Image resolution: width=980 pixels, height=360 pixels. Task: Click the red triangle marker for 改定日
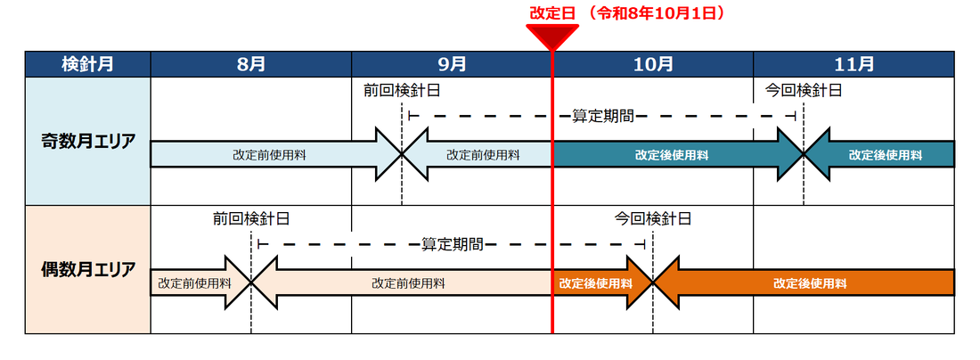click(552, 37)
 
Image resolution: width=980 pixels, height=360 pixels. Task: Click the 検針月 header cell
click(87, 64)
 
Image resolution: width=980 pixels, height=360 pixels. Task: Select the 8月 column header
click(251, 64)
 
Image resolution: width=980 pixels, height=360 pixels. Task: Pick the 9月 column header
click(452, 64)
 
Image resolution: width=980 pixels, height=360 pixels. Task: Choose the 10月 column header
click(653, 64)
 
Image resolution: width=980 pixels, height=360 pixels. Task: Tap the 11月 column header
click(853, 64)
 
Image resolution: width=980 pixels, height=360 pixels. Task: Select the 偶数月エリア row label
click(87, 269)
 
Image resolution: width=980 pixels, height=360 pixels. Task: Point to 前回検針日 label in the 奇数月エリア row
click(401, 90)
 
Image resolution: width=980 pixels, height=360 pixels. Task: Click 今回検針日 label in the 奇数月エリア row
click(804, 90)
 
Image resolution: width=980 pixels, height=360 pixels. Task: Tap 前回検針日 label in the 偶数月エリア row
click(251, 218)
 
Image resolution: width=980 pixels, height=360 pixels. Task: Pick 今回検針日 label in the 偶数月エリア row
click(653, 218)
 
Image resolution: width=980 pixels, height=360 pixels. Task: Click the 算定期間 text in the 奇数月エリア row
click(602, 116)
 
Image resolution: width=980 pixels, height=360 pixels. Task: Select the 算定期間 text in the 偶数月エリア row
click(452, 244)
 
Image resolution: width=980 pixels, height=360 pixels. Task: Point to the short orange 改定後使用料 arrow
click(596, 283)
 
